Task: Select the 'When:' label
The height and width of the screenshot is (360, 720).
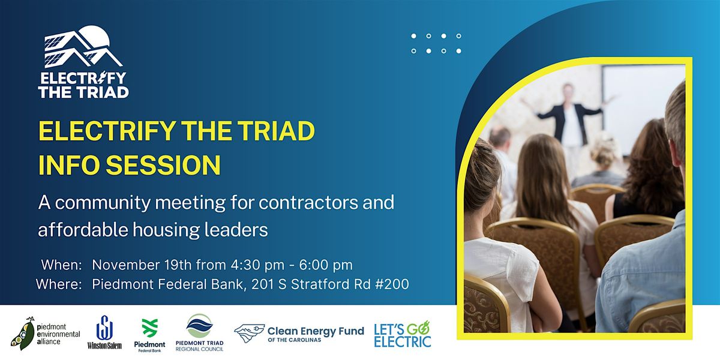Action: (x=61, y=265)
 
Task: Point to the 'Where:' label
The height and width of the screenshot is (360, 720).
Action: (x=59, y=284)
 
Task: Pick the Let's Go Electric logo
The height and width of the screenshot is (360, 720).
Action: (x=402, y=334)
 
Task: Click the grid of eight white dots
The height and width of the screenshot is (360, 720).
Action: (x=436, y=43)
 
